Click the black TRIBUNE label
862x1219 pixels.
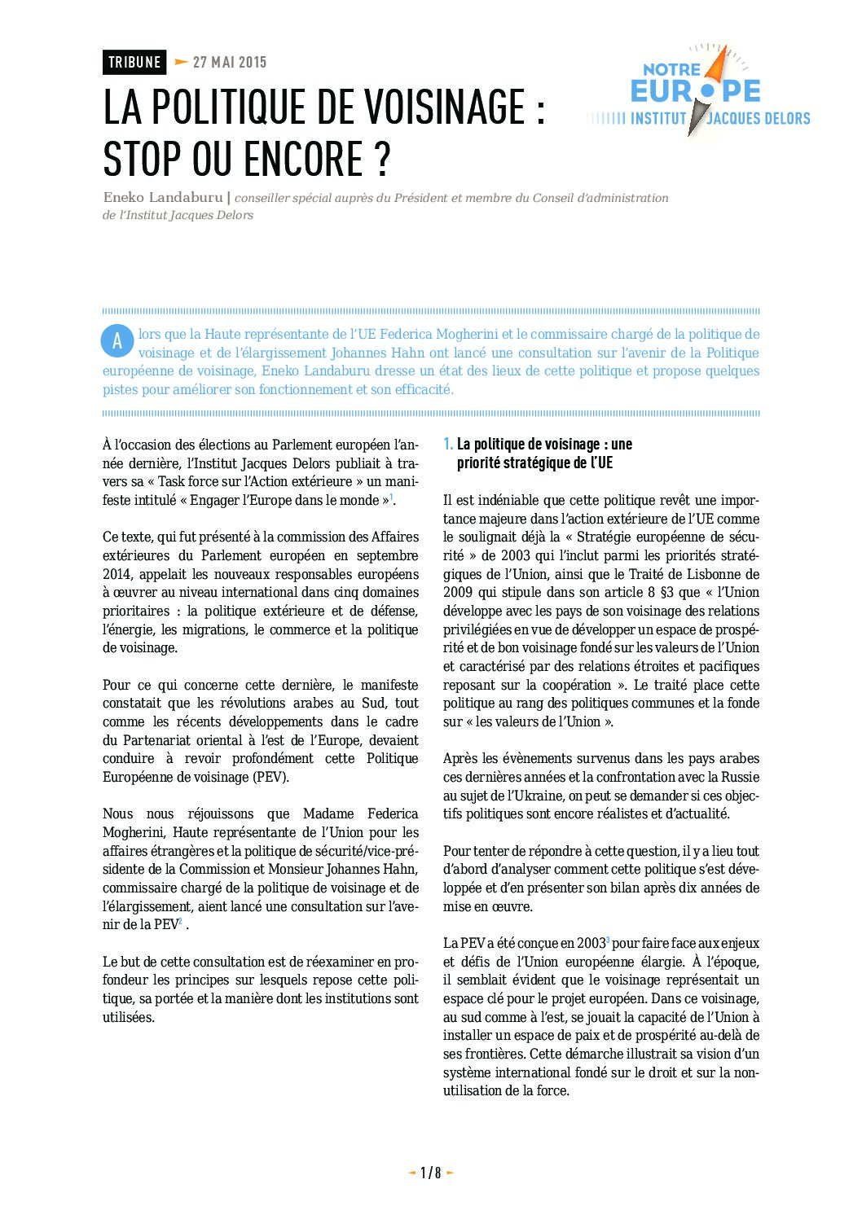point(134,62)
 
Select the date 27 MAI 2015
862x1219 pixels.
point(230,62)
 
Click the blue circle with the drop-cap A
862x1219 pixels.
point(117,341)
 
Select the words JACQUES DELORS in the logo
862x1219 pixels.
point(759,119)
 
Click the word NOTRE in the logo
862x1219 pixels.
point(672,70)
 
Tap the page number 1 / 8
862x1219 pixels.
point(430,1173)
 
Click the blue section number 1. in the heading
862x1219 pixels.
point(448,444)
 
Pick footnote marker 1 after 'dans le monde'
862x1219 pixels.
point(391,497)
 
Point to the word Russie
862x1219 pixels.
point(740,777)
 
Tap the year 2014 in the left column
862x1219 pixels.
point(117,574)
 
